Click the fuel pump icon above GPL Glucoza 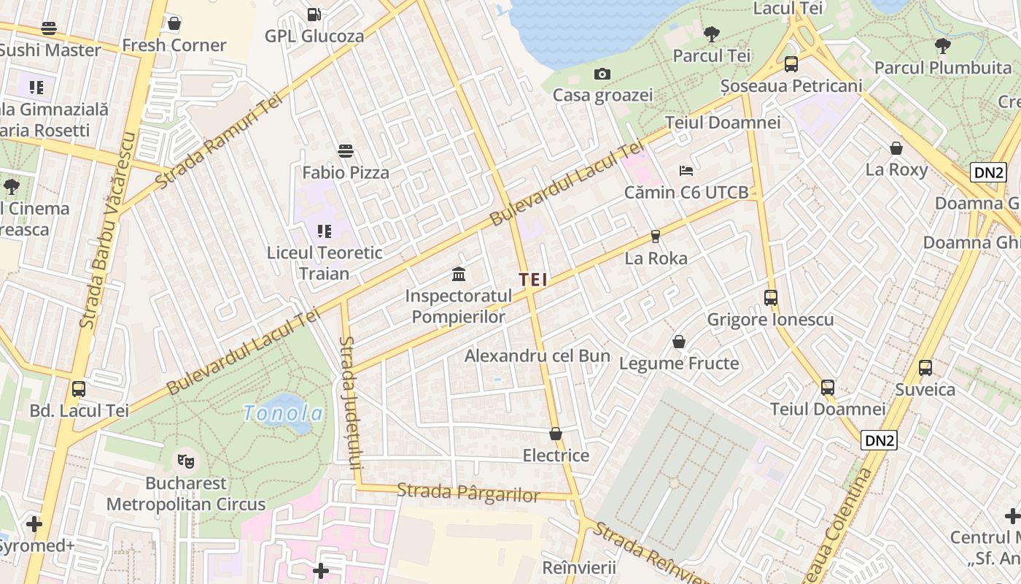click(314, 14)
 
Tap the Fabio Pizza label click(346, 173)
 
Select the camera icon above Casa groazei click(602, 74)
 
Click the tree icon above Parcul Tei click(711, 34)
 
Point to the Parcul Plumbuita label click(942, 68)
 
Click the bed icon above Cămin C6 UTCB click(686, 171)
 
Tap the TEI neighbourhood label click(533, 280)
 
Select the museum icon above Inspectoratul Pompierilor click(459, 274)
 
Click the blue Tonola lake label click(283, 414)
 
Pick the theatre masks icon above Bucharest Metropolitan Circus click(186, 461)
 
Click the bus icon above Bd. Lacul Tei click(79, 388)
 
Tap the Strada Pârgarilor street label click(468, 493)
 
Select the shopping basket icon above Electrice click(556, 434)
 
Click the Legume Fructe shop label click(679, 363)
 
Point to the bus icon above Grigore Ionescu click(771, 297)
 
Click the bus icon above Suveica click(925, 368)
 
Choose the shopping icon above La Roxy click(896, 148)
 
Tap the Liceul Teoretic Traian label click(325, 263)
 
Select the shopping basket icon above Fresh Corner click(174, 23)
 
